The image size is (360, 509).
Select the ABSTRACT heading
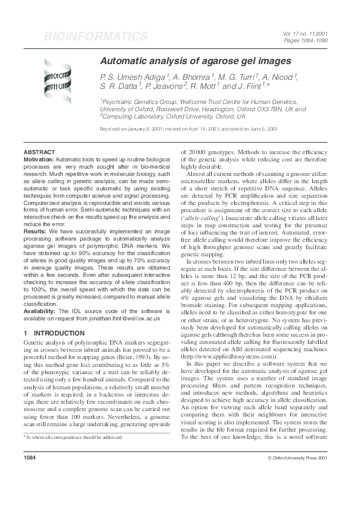(x=39, y=152)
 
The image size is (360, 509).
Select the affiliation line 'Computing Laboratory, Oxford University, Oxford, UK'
(x=172, y=116)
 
